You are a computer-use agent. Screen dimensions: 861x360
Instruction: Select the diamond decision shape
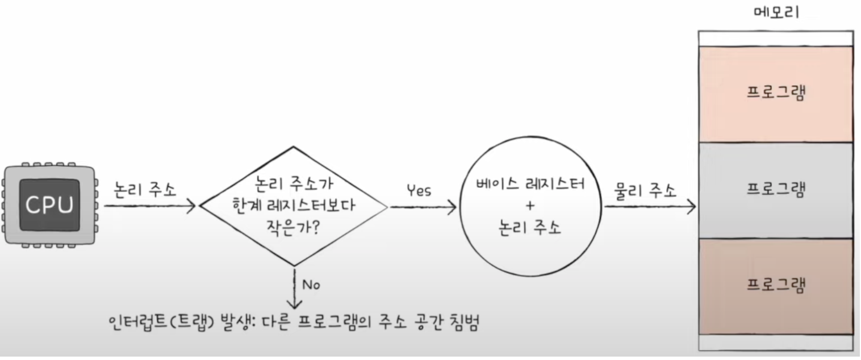(x=293, y=206)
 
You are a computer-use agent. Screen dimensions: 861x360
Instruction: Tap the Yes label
(x=419, y=190)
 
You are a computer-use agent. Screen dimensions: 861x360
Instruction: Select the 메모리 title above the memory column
(x=775, y=12)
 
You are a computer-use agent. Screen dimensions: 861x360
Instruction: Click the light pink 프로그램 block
(x=775, y=93)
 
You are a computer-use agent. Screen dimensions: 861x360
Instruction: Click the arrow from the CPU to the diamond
(x=151, y=207)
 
